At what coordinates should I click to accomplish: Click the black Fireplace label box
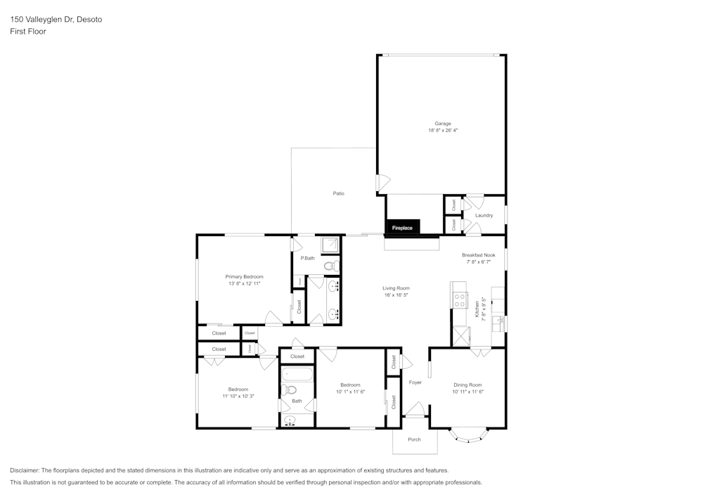point(402,228)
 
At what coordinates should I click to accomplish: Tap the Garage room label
point(443,124)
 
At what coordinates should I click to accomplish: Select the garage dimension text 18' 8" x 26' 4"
point(443,131)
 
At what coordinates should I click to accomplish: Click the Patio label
point(338,193)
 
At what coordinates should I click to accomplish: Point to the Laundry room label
point(484,215)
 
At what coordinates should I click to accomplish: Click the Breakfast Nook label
point(478,254)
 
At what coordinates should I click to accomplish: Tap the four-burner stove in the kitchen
point(459,300)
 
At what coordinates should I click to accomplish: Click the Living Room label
point(396,288)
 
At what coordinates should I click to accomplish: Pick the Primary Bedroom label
point(244,277)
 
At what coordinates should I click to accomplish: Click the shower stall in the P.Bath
point(329,245)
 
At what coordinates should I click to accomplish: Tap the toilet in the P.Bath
point(330,266)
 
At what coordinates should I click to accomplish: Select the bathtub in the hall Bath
point(297,373)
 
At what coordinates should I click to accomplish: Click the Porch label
point(415,439)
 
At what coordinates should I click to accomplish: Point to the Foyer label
point(415,382)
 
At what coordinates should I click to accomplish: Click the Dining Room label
point(467,385)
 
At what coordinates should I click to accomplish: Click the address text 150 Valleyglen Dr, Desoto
point(56,20)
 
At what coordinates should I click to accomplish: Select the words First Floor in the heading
point(28,32)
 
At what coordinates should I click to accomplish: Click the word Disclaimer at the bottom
point(25,470)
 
